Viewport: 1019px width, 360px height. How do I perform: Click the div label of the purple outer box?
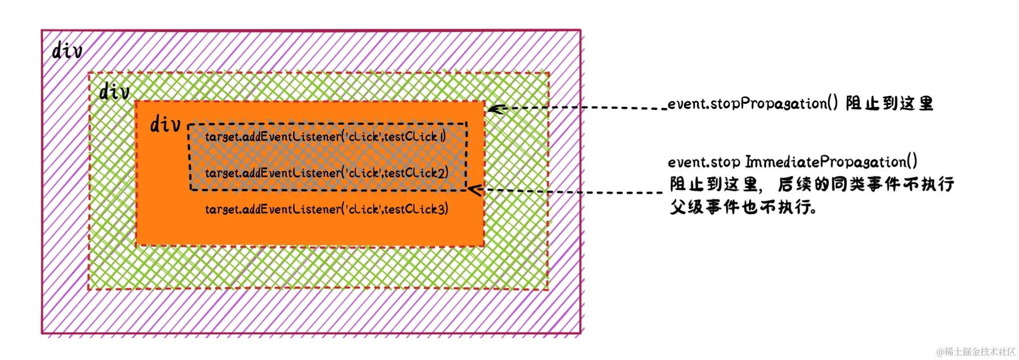(x=67, y=51)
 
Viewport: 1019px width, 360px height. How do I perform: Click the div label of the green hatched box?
(x=114, y=92)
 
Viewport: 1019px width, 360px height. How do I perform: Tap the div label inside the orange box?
(x=165, y=124)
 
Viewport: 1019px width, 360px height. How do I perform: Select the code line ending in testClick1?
(x=326, y=137)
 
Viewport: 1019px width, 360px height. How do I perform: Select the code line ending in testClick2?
(x=327, y=173)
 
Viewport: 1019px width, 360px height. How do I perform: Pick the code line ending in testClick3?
(x=327, y=209)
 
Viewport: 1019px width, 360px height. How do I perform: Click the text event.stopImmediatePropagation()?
(x=792, y=162)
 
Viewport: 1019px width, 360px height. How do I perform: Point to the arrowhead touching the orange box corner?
(x=495, y=109)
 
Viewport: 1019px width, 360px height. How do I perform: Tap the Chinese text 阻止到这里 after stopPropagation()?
(x=889, y=103)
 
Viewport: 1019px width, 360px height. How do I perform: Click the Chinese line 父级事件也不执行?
(x=743, y=207)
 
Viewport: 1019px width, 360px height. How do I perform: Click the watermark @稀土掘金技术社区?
(x=975, y=352)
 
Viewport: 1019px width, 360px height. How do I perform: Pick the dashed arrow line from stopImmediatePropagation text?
(x=572, y=191)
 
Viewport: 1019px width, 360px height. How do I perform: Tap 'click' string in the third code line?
(x=363, y=209)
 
